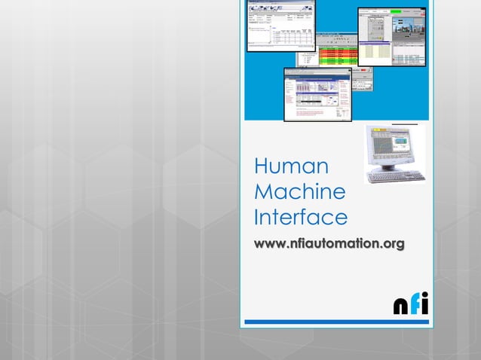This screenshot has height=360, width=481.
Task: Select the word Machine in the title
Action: pos(300,192)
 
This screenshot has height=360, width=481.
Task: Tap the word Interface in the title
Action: pos(300,218)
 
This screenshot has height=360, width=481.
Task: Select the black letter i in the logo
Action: pos(424,304)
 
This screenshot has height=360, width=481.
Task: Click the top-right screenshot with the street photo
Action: pos(392,36)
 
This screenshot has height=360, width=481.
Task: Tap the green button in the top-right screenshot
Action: pos(395,11)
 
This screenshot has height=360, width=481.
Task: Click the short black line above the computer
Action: pos(406,122)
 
